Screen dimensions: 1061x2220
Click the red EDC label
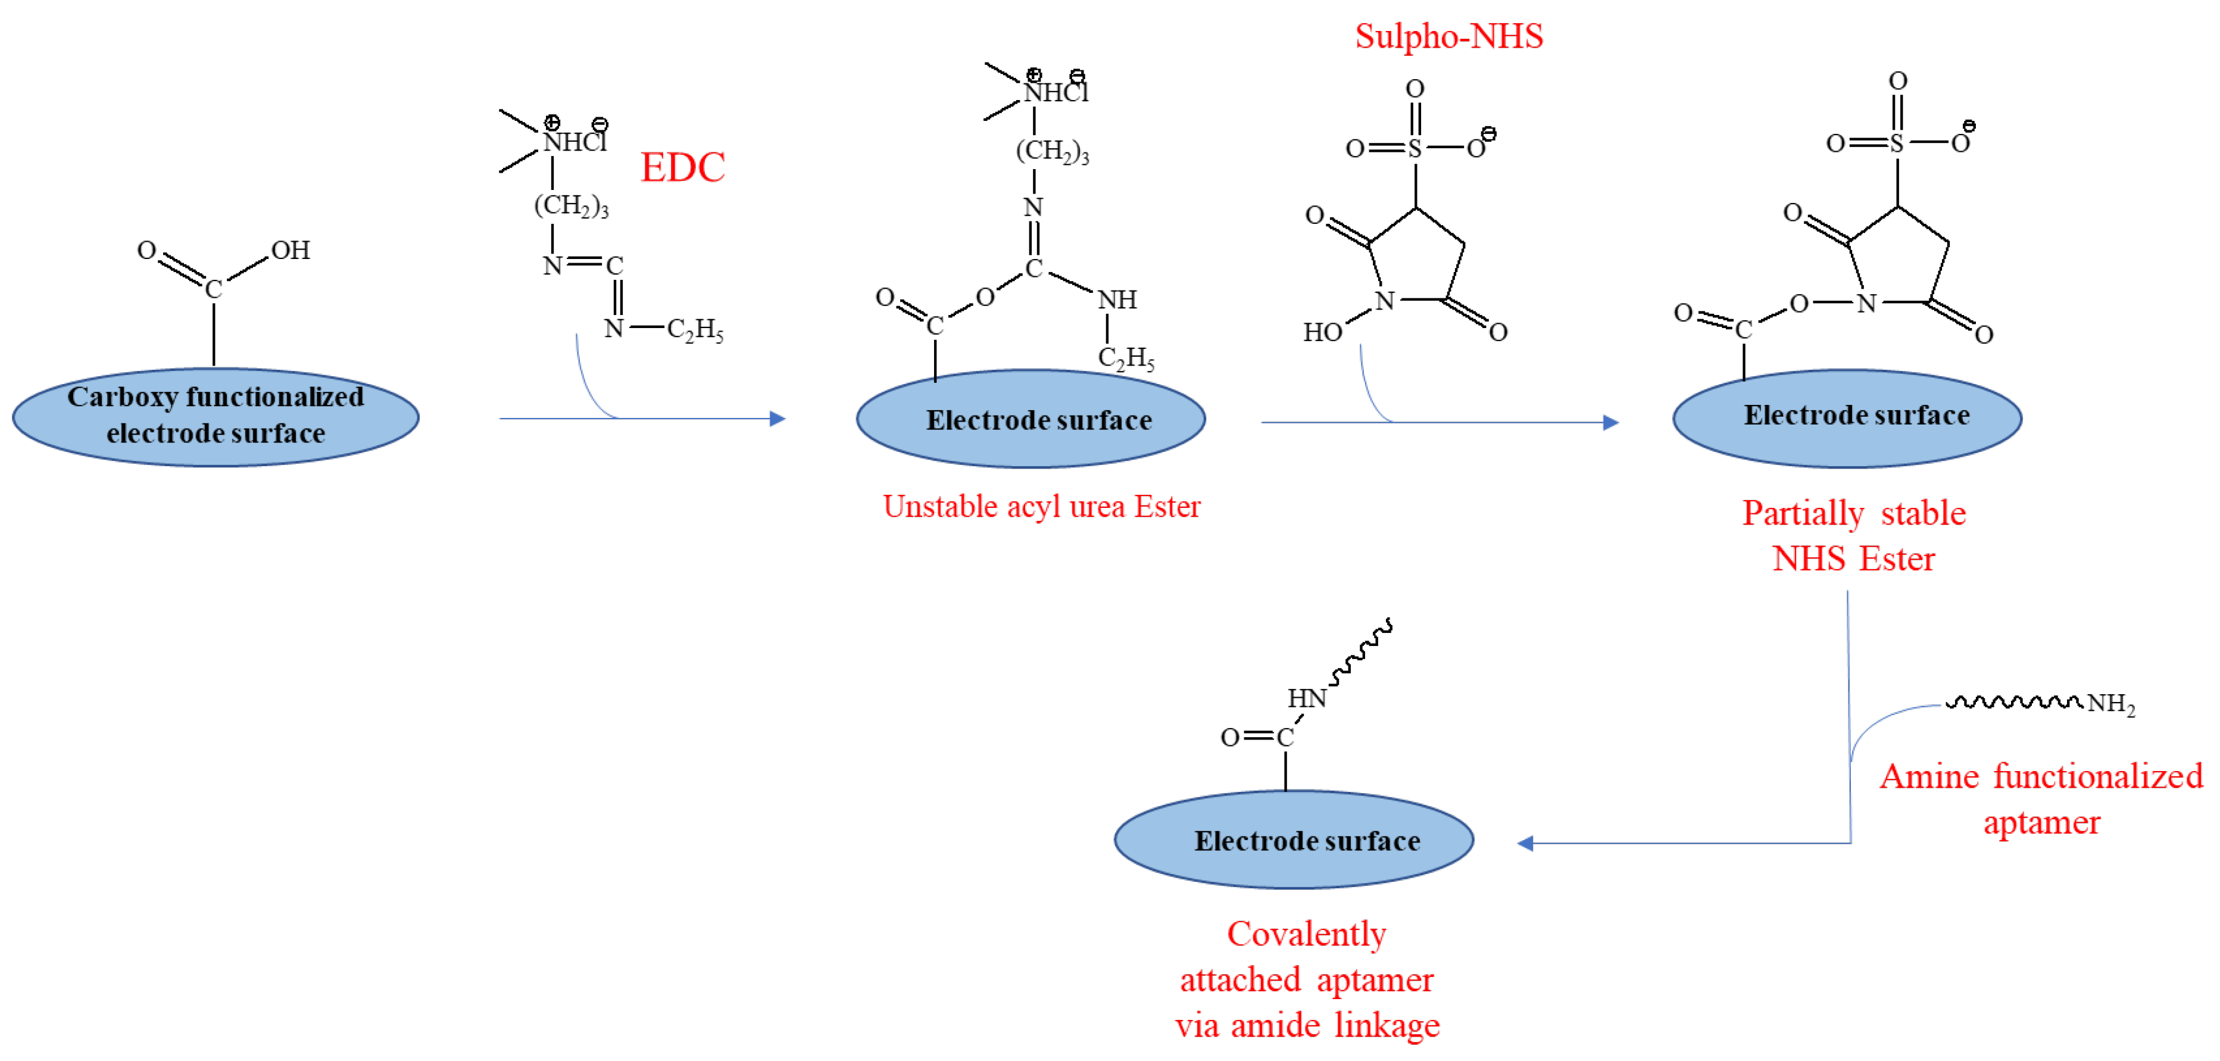click(682, 167)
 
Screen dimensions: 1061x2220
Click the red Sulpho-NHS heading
click(1448, 36)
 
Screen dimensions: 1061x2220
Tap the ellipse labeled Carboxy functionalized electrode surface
click(216, 417)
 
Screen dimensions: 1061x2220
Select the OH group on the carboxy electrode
click(291, 251)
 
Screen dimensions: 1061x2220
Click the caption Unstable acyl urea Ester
click(1041, 507)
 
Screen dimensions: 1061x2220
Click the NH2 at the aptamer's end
click(2110, 704)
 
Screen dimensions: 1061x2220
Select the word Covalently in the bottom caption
click(1307, 934)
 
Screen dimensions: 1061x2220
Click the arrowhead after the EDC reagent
click(778, 419)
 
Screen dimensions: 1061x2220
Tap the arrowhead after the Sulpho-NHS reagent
click(1610, 422)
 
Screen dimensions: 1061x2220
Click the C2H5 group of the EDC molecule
click(695, 329)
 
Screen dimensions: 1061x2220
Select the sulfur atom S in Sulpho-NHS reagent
click(1415, 149)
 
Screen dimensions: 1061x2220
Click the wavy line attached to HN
click(1362, 653)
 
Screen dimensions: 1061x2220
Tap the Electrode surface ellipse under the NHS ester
click(1847, 419)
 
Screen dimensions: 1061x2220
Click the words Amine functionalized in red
click(2041, 776)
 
